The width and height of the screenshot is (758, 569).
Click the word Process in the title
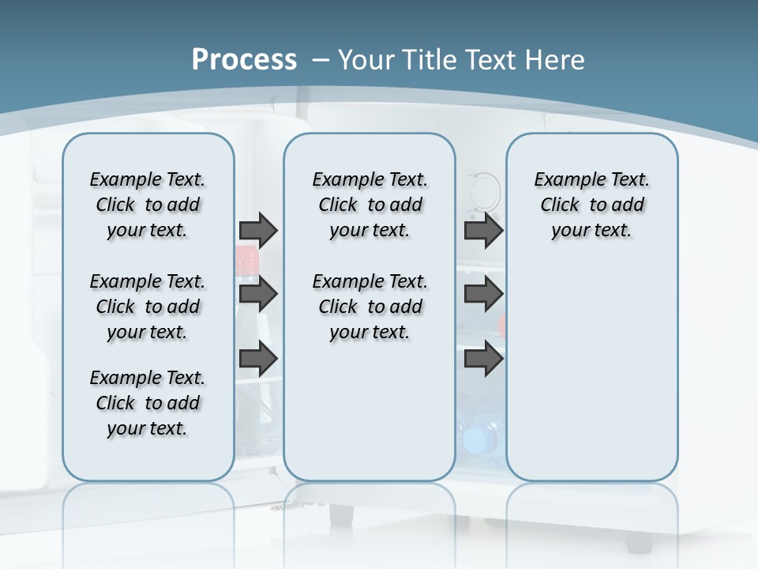(x=244, y=59)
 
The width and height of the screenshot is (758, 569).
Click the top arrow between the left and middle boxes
(x=258, y=230)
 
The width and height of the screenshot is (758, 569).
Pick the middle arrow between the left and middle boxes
(x=258, y=294)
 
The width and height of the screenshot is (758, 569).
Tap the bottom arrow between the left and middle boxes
(x=258, y=359)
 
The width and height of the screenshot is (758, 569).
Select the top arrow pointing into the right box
(x=483, y=230)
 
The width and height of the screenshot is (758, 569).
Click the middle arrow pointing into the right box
(x=483, y=294)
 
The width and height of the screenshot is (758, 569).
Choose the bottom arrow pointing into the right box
(x=483, y=359)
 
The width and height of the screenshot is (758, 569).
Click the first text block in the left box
(x=148, y=205)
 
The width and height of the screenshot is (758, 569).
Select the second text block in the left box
(x=148, y=307)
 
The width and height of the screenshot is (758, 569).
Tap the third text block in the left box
(x=148, y=403)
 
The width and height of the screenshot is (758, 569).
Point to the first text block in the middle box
(x=370, y=205)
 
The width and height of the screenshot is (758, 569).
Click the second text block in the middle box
(x=370, y=307)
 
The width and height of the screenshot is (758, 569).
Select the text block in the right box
(x=592, y=205)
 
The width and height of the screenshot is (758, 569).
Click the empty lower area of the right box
(x=592, y=371)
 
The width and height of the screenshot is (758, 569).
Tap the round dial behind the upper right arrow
(x=485, y=188)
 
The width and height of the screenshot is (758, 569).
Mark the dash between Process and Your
(x=320, y=59)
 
